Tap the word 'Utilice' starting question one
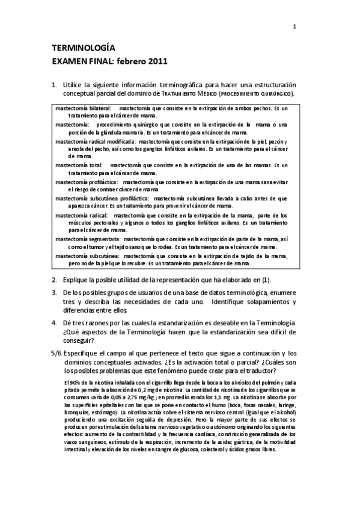(x=74, y=85)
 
